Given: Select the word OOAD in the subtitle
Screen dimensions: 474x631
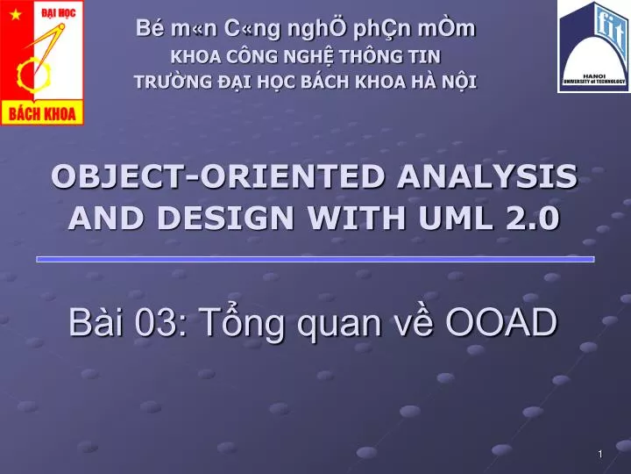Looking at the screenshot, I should [500, 323].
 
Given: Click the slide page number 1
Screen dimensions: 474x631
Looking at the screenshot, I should [599, 453].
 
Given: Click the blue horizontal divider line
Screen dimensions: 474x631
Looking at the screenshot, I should [315, 259].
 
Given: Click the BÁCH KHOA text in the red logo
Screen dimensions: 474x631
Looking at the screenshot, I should [42, 112].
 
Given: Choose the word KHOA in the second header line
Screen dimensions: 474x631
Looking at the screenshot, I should [187, 57].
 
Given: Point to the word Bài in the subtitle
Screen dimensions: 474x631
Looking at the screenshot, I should [96, 323].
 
